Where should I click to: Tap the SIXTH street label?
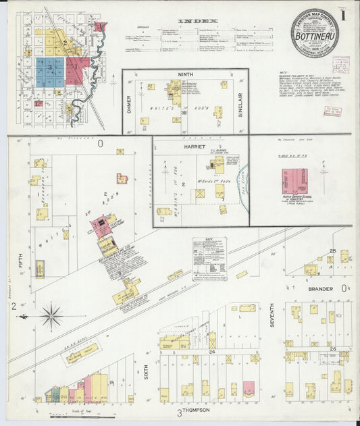[146, 369]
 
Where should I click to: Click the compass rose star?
[51, 315]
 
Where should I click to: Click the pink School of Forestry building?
[294, 181]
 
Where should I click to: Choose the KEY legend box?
[209, 257]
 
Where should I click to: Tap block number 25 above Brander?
[332, 251]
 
